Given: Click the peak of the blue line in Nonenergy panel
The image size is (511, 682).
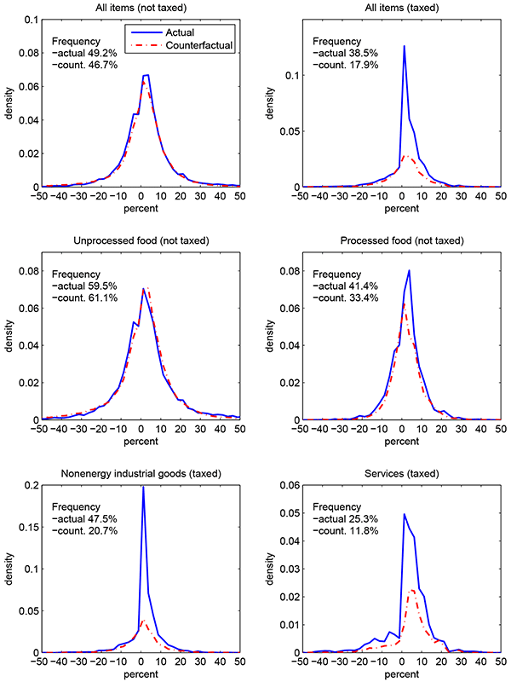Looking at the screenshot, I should pyautogui.click(x=142, y=488).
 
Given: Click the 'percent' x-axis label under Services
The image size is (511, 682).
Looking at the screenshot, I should pyautogui.click(x=401, y=677).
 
